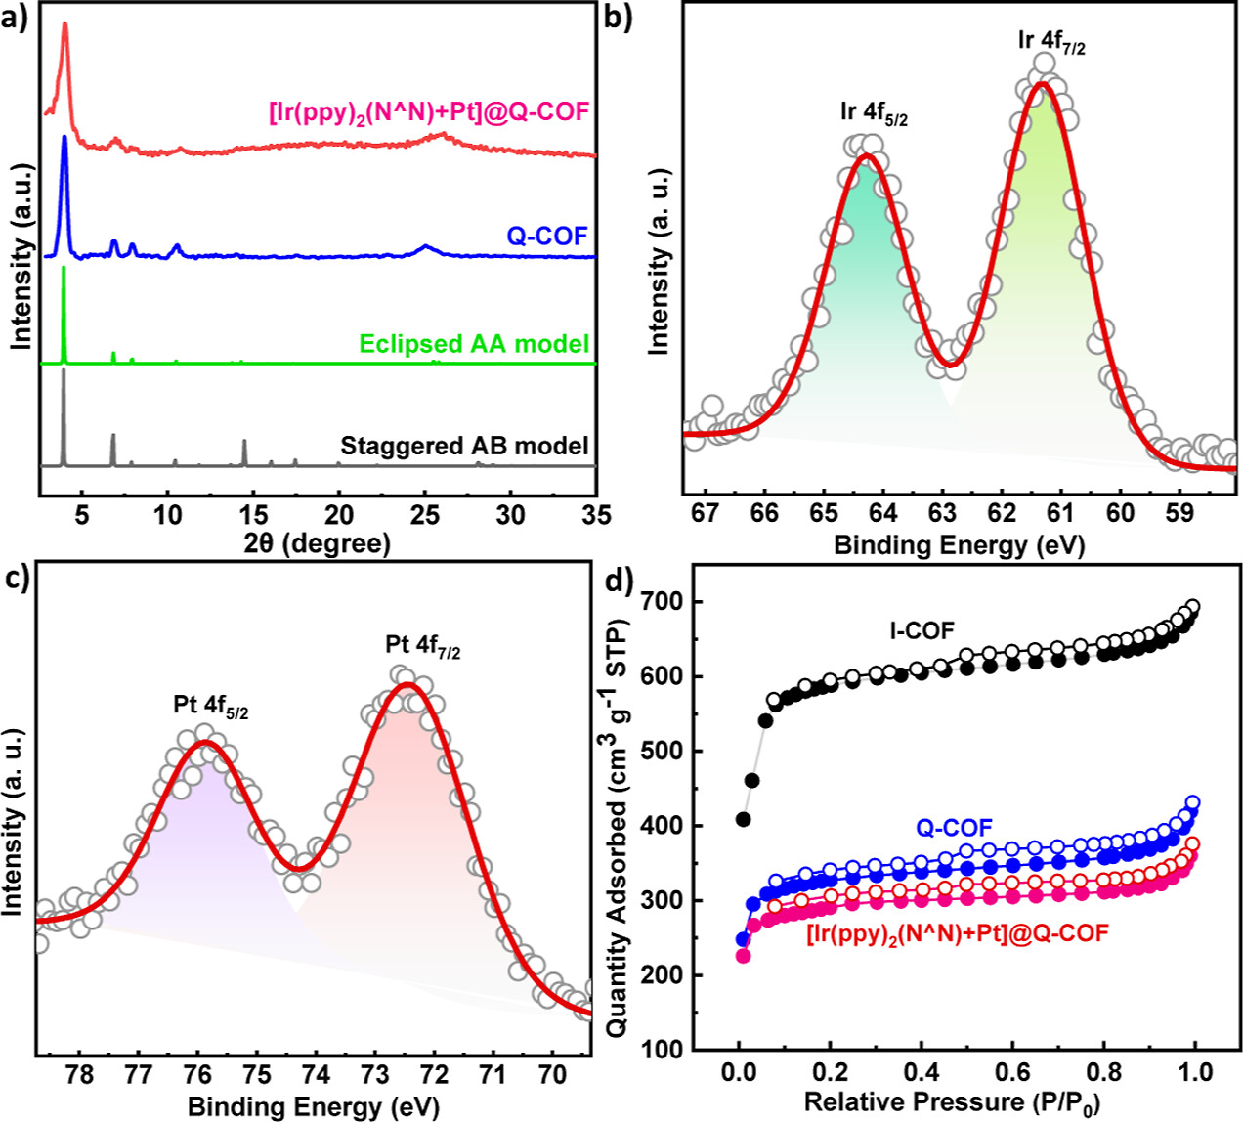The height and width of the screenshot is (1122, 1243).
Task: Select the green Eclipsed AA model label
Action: pyautogui.click(x=474, y=344)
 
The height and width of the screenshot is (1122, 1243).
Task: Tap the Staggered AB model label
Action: pyautogui.click(x=464, y=447)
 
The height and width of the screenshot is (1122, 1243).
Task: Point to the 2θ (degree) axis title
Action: pyautogui.click(x=317, y=543)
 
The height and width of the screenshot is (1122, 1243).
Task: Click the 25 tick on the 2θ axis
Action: pyautogui.click(x=424, y=514)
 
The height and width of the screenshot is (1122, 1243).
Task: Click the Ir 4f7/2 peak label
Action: pyautogui.click(x=1050, y=42)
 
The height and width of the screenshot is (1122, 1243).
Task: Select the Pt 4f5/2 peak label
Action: pyautogui.click(x=211, y=706)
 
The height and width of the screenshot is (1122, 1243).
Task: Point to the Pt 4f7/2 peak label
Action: pyautogui.click(x=423, y=646)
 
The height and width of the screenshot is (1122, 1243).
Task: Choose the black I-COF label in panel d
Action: pyautogui.click(x=922, y=631)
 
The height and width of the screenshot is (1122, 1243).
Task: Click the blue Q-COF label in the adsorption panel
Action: pyautogui.click(x=955, y=828)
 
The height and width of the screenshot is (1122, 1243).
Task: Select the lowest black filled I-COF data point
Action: pyautogui.click(x=744, y=819)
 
